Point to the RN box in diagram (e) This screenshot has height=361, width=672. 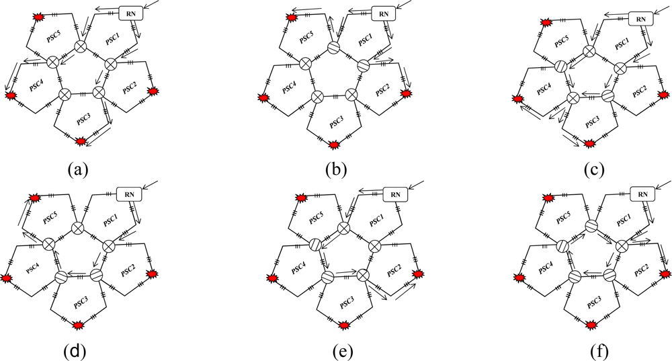pyautogui.click(x=395, y=194)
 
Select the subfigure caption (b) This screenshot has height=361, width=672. pyautogui.click(x=335, y=168)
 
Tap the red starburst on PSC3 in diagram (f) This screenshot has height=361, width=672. pyautogui.click(x=591, y=325)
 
